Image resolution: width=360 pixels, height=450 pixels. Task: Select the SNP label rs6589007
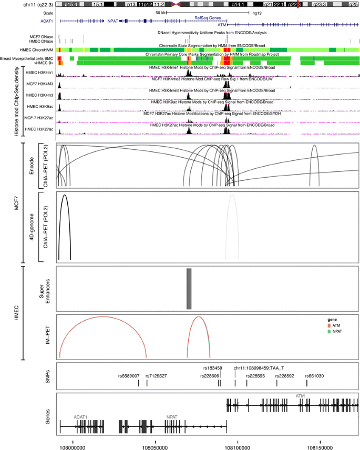(x=129, y=376)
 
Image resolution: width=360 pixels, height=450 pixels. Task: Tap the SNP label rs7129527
(x=156, y=376)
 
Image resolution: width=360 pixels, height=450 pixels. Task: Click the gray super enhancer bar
(x=189, y=289)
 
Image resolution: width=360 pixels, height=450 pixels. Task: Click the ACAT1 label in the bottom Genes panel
(x=80, y=416)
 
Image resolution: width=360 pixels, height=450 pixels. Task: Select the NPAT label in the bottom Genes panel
(x=172, y=416)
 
